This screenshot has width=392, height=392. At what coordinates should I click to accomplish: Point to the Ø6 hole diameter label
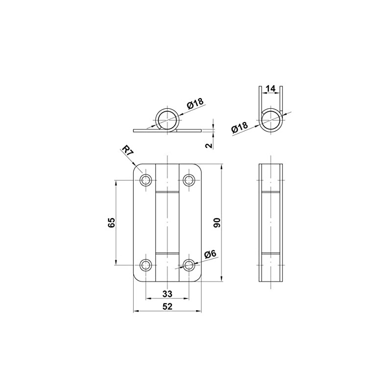point(210,254)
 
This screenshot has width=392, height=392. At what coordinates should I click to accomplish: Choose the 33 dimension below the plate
point(167,294)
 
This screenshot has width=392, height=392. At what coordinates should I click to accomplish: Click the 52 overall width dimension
point(167,307)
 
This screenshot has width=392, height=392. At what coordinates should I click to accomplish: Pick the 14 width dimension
point(270,89)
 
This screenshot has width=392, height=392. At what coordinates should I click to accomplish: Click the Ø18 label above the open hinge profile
point(195,104)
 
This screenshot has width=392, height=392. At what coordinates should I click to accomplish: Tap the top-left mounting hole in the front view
point(146,180)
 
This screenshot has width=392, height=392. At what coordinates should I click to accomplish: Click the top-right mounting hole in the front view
point(189,180)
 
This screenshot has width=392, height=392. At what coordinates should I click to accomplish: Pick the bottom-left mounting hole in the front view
point(146,265)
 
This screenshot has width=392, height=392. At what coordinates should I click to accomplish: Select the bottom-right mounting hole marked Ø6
point(189,265)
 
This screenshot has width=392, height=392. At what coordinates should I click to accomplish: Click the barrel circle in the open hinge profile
point(168,119)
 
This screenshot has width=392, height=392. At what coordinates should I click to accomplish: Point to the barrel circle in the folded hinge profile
point(270,119)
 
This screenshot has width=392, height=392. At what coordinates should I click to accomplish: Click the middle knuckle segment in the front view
point(167,222)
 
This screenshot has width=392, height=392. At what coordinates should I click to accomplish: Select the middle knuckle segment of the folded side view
point(270,222)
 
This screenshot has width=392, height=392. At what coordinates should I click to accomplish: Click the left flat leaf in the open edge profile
point(145,131)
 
